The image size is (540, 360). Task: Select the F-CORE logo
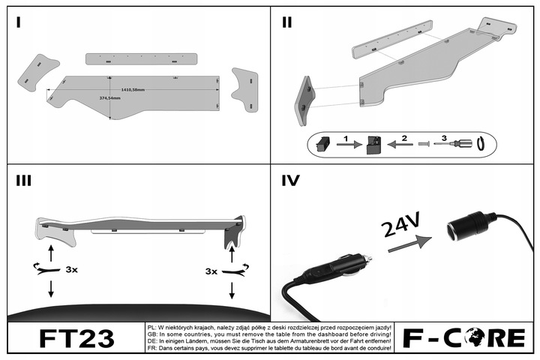464,339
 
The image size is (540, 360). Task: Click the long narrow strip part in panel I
142,58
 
